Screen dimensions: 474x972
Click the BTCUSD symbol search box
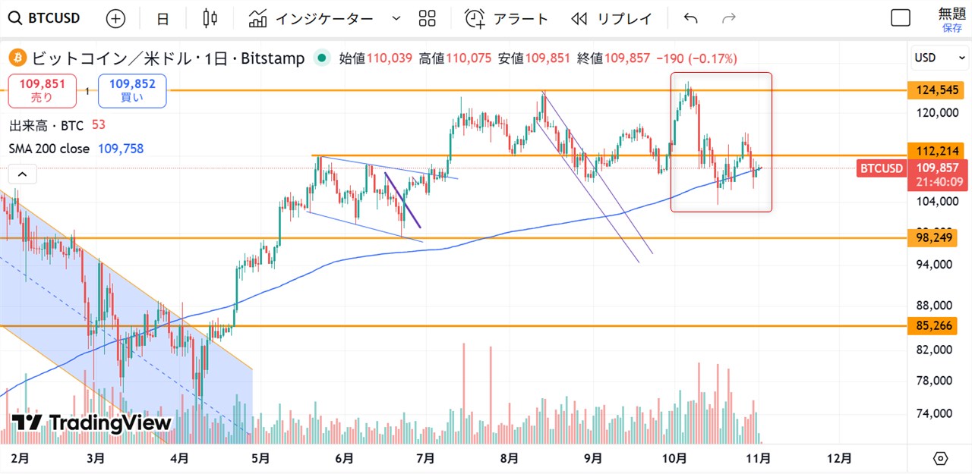46,18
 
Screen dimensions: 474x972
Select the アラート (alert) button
507,19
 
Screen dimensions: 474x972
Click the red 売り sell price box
42,91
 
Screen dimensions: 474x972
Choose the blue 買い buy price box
132,91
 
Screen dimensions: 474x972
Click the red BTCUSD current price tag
880,168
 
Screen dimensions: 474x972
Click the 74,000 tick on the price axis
934,413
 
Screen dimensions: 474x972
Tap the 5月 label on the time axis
260,458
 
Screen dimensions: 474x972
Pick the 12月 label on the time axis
838,458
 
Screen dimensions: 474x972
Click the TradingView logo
91,423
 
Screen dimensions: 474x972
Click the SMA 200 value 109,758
121,149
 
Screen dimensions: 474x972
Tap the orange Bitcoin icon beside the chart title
17,58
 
